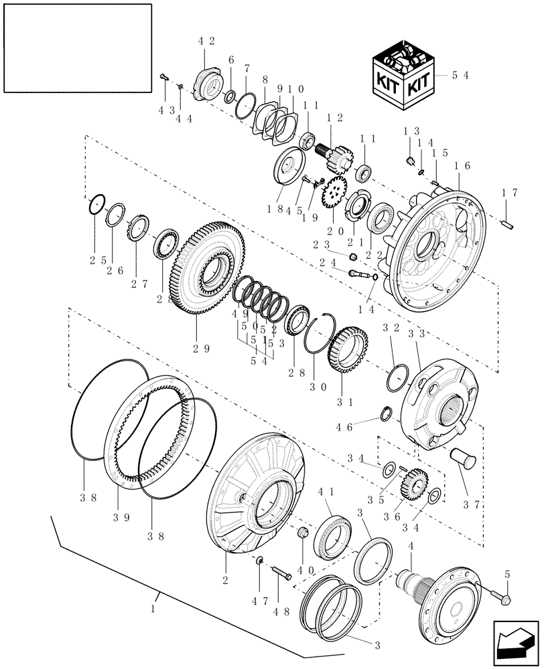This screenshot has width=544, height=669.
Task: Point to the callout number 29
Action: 196,349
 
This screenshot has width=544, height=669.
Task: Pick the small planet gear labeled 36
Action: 416,482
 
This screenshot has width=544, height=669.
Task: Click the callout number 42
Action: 206,41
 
